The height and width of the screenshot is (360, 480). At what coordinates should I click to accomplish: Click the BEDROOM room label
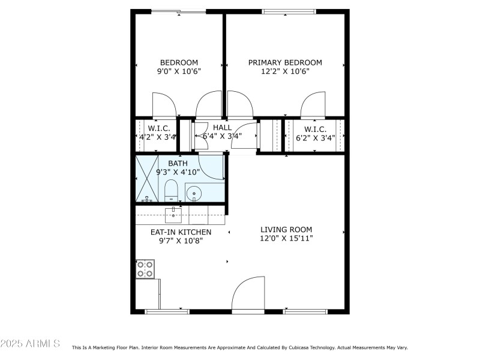click(x=179, y=62)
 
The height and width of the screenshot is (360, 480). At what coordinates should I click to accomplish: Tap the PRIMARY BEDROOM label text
click(x=285, y=62)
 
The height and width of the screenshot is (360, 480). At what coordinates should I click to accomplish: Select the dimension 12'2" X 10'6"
click(x=285, y=71)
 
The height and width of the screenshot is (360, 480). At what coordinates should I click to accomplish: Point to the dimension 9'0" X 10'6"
click(x=179, y=71)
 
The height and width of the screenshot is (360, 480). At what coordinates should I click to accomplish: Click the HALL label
click(x=222, y=128)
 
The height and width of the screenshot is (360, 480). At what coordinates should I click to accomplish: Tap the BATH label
click(x=178, y=163)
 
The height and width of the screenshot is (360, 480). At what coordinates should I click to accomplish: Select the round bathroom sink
click(x=194, y=193)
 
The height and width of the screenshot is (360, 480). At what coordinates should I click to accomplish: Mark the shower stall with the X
click(x=146, y=178)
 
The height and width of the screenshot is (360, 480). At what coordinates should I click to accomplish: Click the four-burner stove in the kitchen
click(x=145, y=269)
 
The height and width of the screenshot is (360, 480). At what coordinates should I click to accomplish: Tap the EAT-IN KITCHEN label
click(x=181, y=232)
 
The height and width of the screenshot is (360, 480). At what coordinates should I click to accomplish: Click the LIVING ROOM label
click(x=286, y=229)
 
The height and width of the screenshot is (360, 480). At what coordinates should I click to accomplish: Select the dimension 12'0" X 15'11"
click(x=286, y=238)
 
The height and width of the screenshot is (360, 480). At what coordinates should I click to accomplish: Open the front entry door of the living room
click(x=248, y=295)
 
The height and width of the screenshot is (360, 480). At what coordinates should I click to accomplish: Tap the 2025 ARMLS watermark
click(x=30, y=344)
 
